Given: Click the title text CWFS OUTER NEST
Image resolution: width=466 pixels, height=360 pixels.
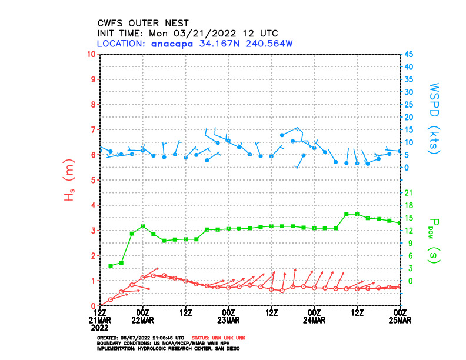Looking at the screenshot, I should coord(139,23).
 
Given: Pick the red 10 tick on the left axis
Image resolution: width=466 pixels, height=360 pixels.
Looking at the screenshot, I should coord(91,54).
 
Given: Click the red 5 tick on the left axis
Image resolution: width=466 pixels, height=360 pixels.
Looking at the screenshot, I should coord(93,180).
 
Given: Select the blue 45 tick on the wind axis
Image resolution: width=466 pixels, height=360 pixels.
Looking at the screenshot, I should coord(407,54).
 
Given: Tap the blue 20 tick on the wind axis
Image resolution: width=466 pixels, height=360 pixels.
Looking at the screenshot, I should coord(407,117).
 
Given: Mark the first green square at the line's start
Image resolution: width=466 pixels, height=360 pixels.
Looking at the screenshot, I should coord(111,266).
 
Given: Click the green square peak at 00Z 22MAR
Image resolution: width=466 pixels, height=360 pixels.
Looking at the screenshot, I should coord(143,226).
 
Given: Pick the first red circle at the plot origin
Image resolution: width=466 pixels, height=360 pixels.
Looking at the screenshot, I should coord(100,305).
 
